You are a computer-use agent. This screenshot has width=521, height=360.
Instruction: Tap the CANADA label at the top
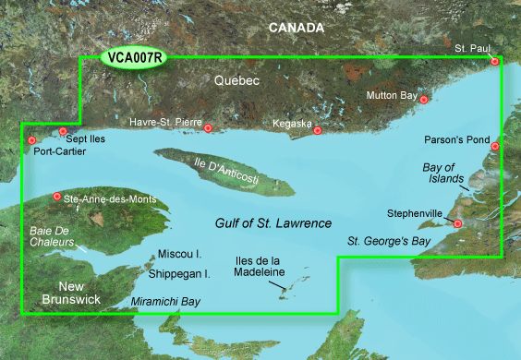[x=296, y=28]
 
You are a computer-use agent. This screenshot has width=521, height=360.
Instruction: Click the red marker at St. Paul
[x=495, y=62]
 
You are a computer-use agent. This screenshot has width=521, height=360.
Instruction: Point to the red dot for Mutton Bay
[x=424, y=100]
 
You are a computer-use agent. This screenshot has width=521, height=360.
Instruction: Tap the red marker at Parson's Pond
[x=495, y=146]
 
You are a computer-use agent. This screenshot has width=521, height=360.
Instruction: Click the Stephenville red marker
[x=457, y=222]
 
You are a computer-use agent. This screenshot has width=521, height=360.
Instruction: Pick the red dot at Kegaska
[x=318, y=130]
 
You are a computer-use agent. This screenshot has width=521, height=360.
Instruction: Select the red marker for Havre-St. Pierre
[x=209, y=128]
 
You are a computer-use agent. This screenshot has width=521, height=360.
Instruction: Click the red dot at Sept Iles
[x=64, y=131]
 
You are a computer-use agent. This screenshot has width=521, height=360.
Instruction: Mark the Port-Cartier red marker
[x=32, y=141]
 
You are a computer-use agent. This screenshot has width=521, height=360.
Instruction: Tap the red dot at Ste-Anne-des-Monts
[x=57, y=197]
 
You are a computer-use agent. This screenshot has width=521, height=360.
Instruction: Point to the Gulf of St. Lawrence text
[x=260, y=223]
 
